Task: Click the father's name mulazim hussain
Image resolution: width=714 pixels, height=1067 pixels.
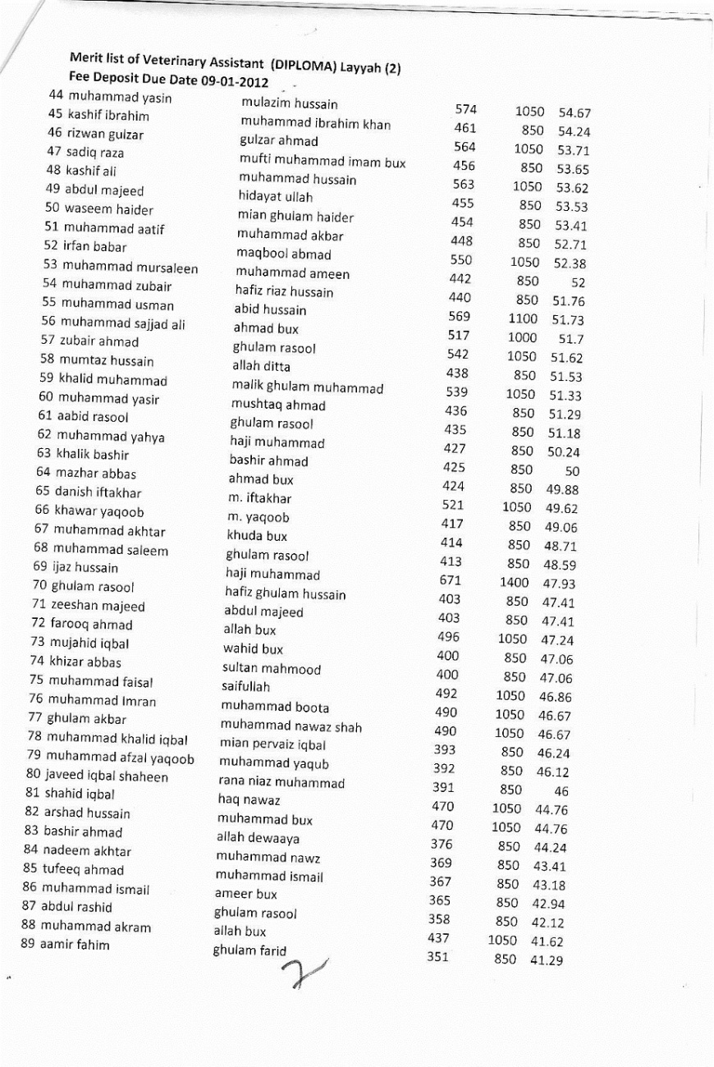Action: tap(277, 104)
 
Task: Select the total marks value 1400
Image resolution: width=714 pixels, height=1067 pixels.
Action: tap(514, 583)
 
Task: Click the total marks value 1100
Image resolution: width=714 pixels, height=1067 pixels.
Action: tap(523, 318)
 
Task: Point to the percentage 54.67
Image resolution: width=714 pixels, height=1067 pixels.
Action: tap(574, 113)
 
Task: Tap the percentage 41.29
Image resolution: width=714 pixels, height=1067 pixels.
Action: tap(546, 960)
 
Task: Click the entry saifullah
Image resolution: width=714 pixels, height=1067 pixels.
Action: tap(245, 687)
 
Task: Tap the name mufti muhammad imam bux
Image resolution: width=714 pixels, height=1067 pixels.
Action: tap(322, 162)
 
